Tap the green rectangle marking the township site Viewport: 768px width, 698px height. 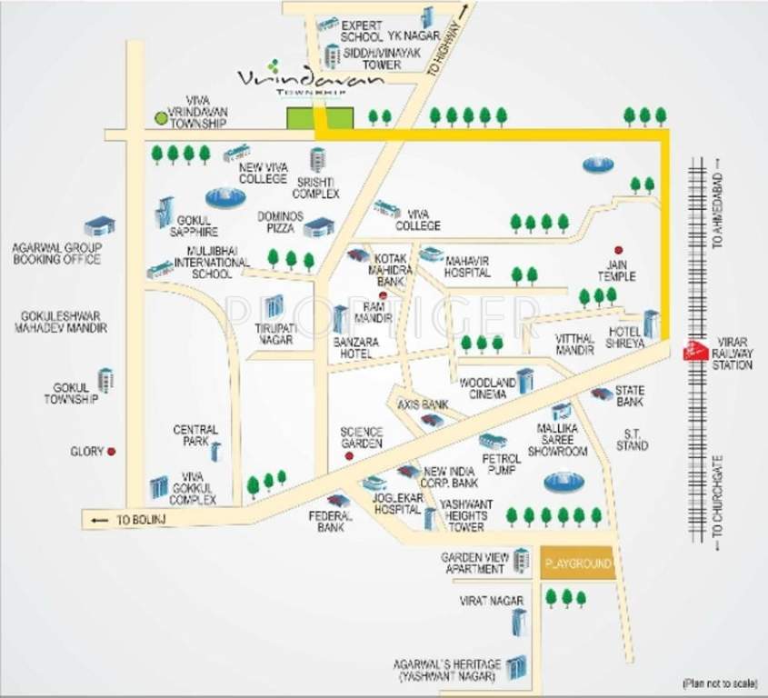coord(319,119)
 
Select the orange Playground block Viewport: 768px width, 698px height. coord(577,564)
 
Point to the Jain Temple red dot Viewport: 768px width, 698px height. coord(619,250)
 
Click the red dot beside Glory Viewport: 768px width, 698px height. coord(111,451)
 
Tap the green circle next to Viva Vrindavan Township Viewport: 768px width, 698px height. coord(161,118)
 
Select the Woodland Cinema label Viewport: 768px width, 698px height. coord(487,389)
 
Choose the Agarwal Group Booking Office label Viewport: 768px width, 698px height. coord(56,254)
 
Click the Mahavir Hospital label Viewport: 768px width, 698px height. coord(468,266)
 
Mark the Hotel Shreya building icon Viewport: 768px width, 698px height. coord(651,323)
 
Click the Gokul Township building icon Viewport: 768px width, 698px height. coord(106,380)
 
